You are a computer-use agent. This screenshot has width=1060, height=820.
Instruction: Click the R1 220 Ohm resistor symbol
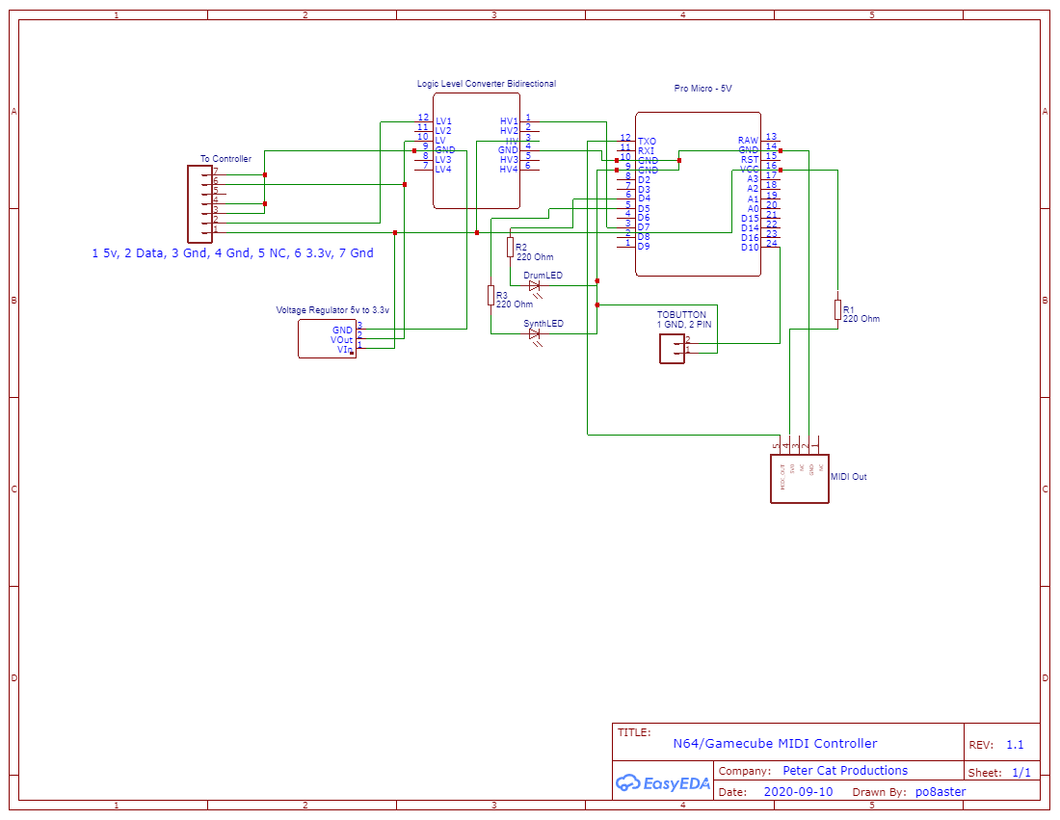point(837,309)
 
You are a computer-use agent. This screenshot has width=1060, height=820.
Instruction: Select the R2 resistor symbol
point(511,248)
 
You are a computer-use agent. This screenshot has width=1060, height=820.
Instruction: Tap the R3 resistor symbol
point(490,295)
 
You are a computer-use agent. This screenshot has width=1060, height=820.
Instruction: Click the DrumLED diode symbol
point(534,285)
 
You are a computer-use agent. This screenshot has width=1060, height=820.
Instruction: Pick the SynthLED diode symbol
point(534,333)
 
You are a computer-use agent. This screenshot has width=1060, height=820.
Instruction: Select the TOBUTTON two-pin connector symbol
point(672,347)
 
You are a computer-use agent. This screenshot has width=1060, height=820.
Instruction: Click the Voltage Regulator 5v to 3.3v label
point(332,310)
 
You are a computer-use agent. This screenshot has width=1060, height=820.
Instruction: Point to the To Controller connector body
point(199,203)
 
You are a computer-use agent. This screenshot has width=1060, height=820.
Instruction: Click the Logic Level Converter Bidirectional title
point(486,84)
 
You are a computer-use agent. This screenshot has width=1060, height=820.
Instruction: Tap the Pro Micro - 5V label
point(702,88)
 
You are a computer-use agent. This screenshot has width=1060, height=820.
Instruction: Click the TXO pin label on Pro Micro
point(647,141)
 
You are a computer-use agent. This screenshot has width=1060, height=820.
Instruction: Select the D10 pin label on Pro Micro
point(750,247)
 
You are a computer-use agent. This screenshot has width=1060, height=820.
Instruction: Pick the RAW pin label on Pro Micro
point(749,141)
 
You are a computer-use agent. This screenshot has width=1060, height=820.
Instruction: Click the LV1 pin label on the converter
point(443,121)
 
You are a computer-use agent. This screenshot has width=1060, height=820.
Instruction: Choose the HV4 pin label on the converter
point(509,170)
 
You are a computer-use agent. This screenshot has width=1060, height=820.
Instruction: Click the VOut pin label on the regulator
point(341,340)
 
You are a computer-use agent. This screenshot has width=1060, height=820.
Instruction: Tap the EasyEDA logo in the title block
point(663,783)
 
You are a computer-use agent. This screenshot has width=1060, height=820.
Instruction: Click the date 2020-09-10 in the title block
point(798,792)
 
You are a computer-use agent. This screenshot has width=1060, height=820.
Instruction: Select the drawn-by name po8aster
point(941,792)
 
